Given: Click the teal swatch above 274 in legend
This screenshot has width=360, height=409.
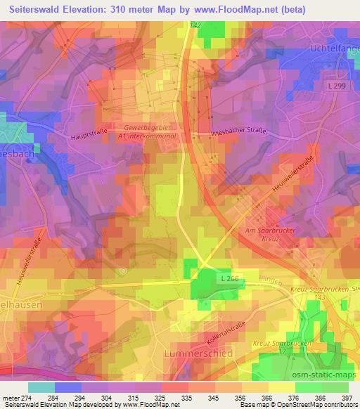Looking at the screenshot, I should (x=41, y=387).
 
